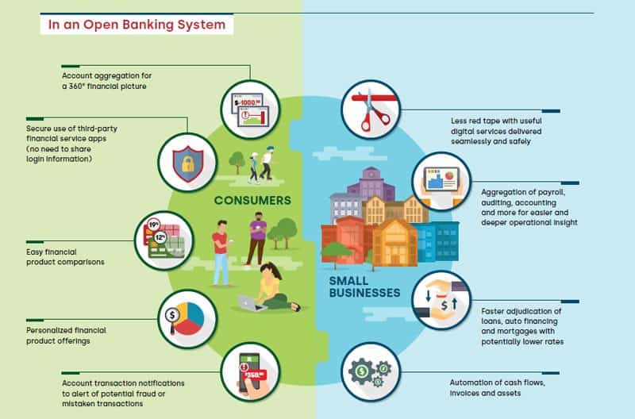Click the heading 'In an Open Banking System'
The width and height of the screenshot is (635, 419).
click(x=137, y=25)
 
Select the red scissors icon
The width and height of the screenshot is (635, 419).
click(x=371, y=109)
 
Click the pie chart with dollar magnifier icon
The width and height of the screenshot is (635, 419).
click(x=187, y=318)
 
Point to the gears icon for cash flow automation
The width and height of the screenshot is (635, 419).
click(x=371, y=372)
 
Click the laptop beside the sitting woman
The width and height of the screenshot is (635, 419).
click(x=253, y=302)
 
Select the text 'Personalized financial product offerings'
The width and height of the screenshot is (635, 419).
click(x=65, y=335)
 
